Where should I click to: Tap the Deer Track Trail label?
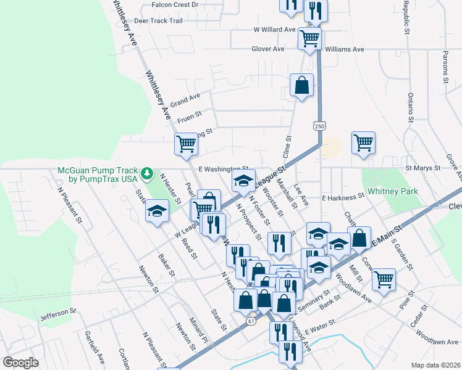coord(159,20)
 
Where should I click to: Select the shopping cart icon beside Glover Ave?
coord(309,38)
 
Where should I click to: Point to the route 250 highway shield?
coord(319,126)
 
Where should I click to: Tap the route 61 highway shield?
coord(250,321)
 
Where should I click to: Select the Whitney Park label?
coord(393,191)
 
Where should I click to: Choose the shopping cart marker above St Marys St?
coord(363,142)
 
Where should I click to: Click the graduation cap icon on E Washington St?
coord(243,181)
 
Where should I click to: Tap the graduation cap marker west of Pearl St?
coord(157,211)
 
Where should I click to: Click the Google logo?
coord(20,363)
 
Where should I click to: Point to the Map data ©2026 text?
coord(435,364)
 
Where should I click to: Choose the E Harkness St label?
coord(343,197)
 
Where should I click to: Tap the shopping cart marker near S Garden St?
coord(384,279)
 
